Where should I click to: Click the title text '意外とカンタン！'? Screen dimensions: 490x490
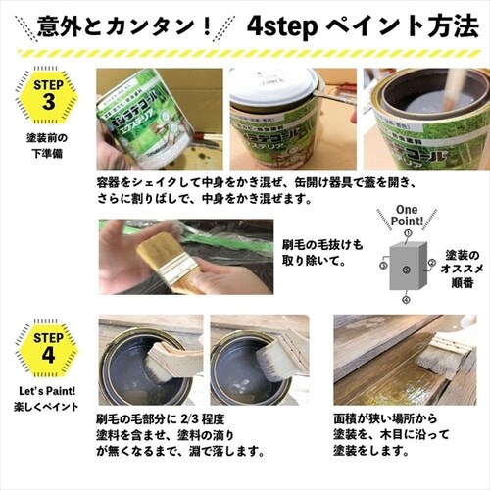tap(122, 23)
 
